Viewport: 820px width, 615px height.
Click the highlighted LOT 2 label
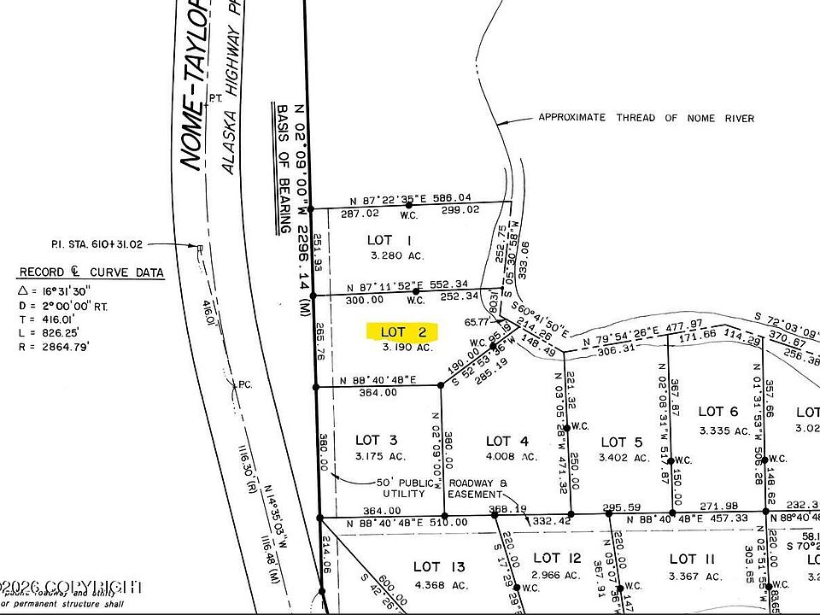click(402, 331)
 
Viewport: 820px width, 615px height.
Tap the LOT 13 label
click(439, 566)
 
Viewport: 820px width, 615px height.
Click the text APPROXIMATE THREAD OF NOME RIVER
click(646, 118)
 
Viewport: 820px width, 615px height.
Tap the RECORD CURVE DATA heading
click(91, 273)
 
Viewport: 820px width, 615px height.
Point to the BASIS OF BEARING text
click(282, 169)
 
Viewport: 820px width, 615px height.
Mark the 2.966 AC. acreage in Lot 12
click(556, 575)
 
